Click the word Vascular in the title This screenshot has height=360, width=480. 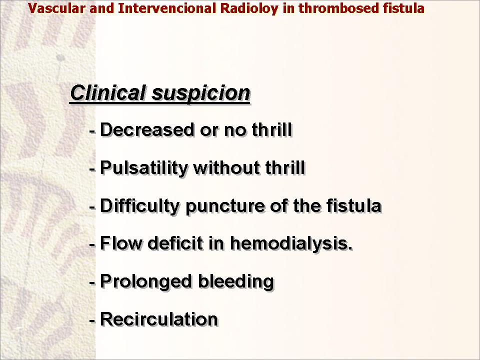56,8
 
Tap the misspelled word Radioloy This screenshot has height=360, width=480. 249,9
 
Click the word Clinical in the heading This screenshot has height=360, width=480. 108,92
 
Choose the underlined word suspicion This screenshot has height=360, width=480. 201,93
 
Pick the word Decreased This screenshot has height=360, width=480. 147,129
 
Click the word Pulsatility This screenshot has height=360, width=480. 144,168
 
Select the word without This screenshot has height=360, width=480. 227,167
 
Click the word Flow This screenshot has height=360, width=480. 121,243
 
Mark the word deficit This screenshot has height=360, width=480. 175,243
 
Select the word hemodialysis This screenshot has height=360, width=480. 291,243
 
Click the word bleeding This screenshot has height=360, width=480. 236,281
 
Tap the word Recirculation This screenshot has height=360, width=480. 159,319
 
